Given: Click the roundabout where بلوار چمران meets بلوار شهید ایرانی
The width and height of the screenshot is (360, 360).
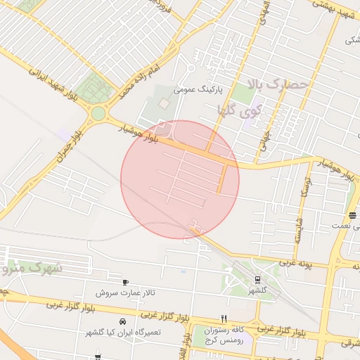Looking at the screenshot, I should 98,113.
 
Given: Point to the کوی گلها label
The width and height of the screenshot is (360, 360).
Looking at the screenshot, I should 241,110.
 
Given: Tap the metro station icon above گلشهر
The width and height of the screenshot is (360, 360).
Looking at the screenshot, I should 257,280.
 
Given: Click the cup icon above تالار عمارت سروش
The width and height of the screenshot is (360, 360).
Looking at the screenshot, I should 125,282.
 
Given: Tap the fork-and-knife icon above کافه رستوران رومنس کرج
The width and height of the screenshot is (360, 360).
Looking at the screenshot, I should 224,318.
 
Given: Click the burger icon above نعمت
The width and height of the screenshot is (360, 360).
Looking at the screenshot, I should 352,215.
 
